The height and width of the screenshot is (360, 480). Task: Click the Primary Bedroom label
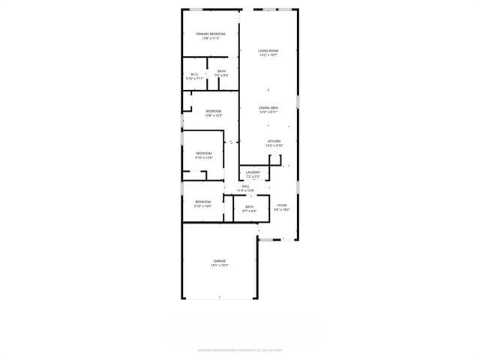point(211,34)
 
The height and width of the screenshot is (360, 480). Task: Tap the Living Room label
point(268,51)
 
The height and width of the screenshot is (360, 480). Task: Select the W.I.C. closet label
point(193,73)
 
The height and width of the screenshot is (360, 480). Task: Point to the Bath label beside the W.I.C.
point(222,71)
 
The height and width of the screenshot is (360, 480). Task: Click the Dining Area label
point(269,108)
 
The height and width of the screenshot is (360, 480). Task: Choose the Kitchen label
point(274,141)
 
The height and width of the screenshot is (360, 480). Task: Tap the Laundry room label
point(253,172)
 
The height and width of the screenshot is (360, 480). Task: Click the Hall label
point(245,186)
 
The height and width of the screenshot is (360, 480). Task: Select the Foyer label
point(281,205)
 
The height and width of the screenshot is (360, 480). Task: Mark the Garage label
point(219,261)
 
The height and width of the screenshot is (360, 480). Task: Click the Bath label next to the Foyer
point(249,207)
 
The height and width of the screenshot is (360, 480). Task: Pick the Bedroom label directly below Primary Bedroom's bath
point(214,111)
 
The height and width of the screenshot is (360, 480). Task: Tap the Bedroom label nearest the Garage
point(203,201)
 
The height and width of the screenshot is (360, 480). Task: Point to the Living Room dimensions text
point(268,55)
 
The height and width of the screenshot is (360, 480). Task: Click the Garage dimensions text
point(219,265)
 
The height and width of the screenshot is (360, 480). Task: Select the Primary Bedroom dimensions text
point(211,38)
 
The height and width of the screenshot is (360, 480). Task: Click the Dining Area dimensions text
point(269,112)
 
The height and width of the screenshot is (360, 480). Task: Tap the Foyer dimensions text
point(281,209)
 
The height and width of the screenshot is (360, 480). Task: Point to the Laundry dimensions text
point(253,176)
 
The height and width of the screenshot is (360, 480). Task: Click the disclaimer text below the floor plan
point(240,349)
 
